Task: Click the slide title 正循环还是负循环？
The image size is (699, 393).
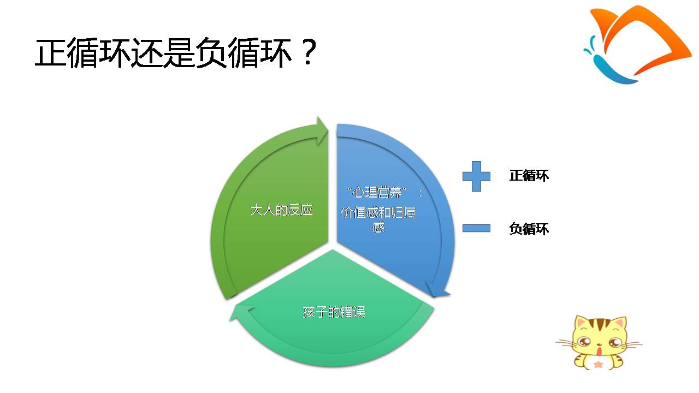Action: coord(176,52)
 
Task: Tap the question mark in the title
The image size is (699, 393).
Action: coord(308,52)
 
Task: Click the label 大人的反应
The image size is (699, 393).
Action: coord(281,210)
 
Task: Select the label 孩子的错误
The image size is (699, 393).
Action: coord(334,312)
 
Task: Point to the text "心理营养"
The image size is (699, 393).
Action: coord(377,193)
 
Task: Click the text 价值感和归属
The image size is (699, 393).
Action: coord(378,213)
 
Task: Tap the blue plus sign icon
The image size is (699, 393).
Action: coord(476,176)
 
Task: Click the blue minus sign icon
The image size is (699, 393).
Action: coord(476,228)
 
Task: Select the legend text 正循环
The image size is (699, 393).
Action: coord(529,176)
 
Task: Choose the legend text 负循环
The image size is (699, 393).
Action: coord(529,229)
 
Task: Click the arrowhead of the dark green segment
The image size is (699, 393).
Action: coord(322,130)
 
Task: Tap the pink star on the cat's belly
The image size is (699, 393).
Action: coord(598,364)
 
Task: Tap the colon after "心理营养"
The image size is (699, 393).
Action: coord(420,193)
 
